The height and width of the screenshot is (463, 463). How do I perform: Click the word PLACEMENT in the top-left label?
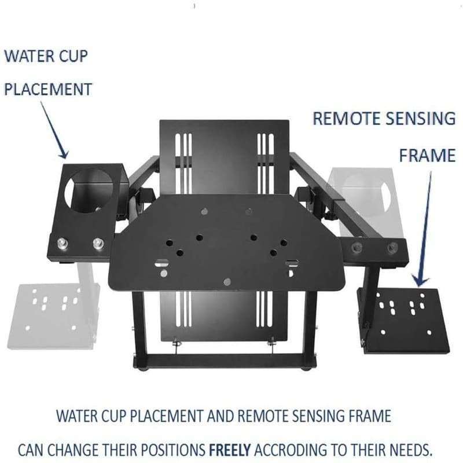click(48, 90)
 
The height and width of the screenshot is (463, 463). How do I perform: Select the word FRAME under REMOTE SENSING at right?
click(427, 155)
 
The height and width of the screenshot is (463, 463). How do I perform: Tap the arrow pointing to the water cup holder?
click(54, 131)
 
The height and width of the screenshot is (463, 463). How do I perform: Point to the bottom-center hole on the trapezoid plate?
click(227, 282)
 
